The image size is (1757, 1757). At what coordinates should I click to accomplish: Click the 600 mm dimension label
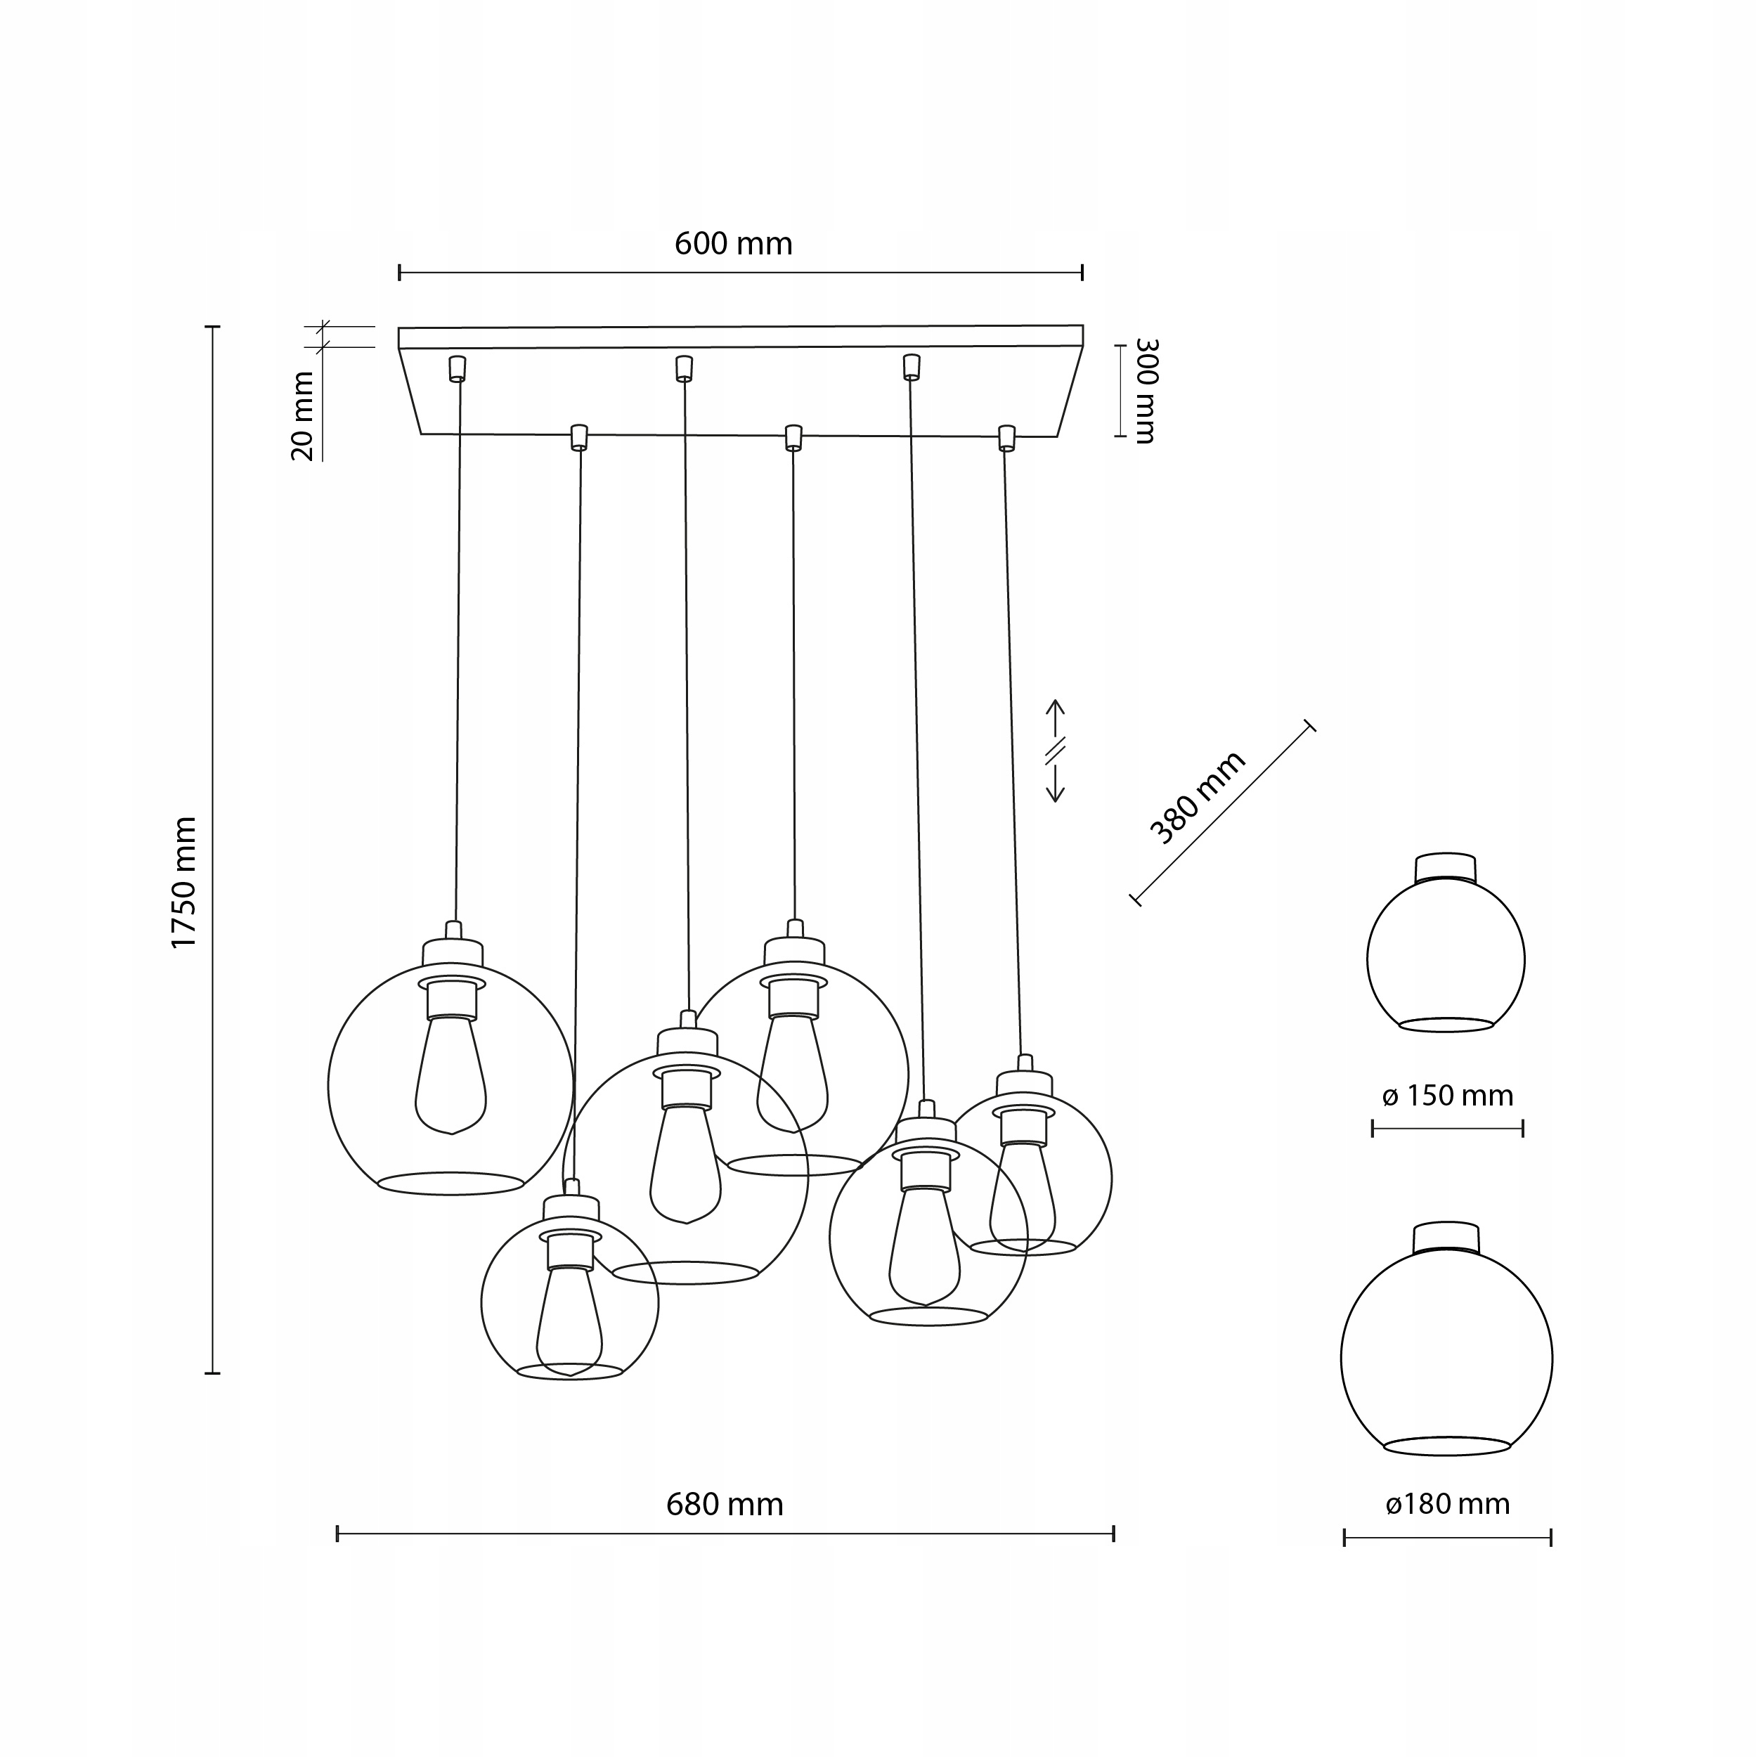tap(733, 244)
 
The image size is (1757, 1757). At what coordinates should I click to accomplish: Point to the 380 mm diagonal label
tap(1196, 798)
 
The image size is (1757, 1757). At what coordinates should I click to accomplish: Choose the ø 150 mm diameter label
tap(1447, 1096)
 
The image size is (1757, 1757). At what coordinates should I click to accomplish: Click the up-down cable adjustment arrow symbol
tap(1054, 751)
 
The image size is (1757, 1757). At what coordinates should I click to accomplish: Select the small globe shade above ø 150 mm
tap(1445, 959)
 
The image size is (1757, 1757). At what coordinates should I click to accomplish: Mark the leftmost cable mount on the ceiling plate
tap(457, 368)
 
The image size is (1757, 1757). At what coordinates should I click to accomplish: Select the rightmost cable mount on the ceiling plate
tap(1006, 436)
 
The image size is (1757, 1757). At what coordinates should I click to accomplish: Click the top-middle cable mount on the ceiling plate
tap(684, 368)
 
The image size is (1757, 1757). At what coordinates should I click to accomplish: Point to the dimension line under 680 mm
tap(724, 1534)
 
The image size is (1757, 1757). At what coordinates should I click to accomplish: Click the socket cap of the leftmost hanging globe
tap(452, 952)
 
